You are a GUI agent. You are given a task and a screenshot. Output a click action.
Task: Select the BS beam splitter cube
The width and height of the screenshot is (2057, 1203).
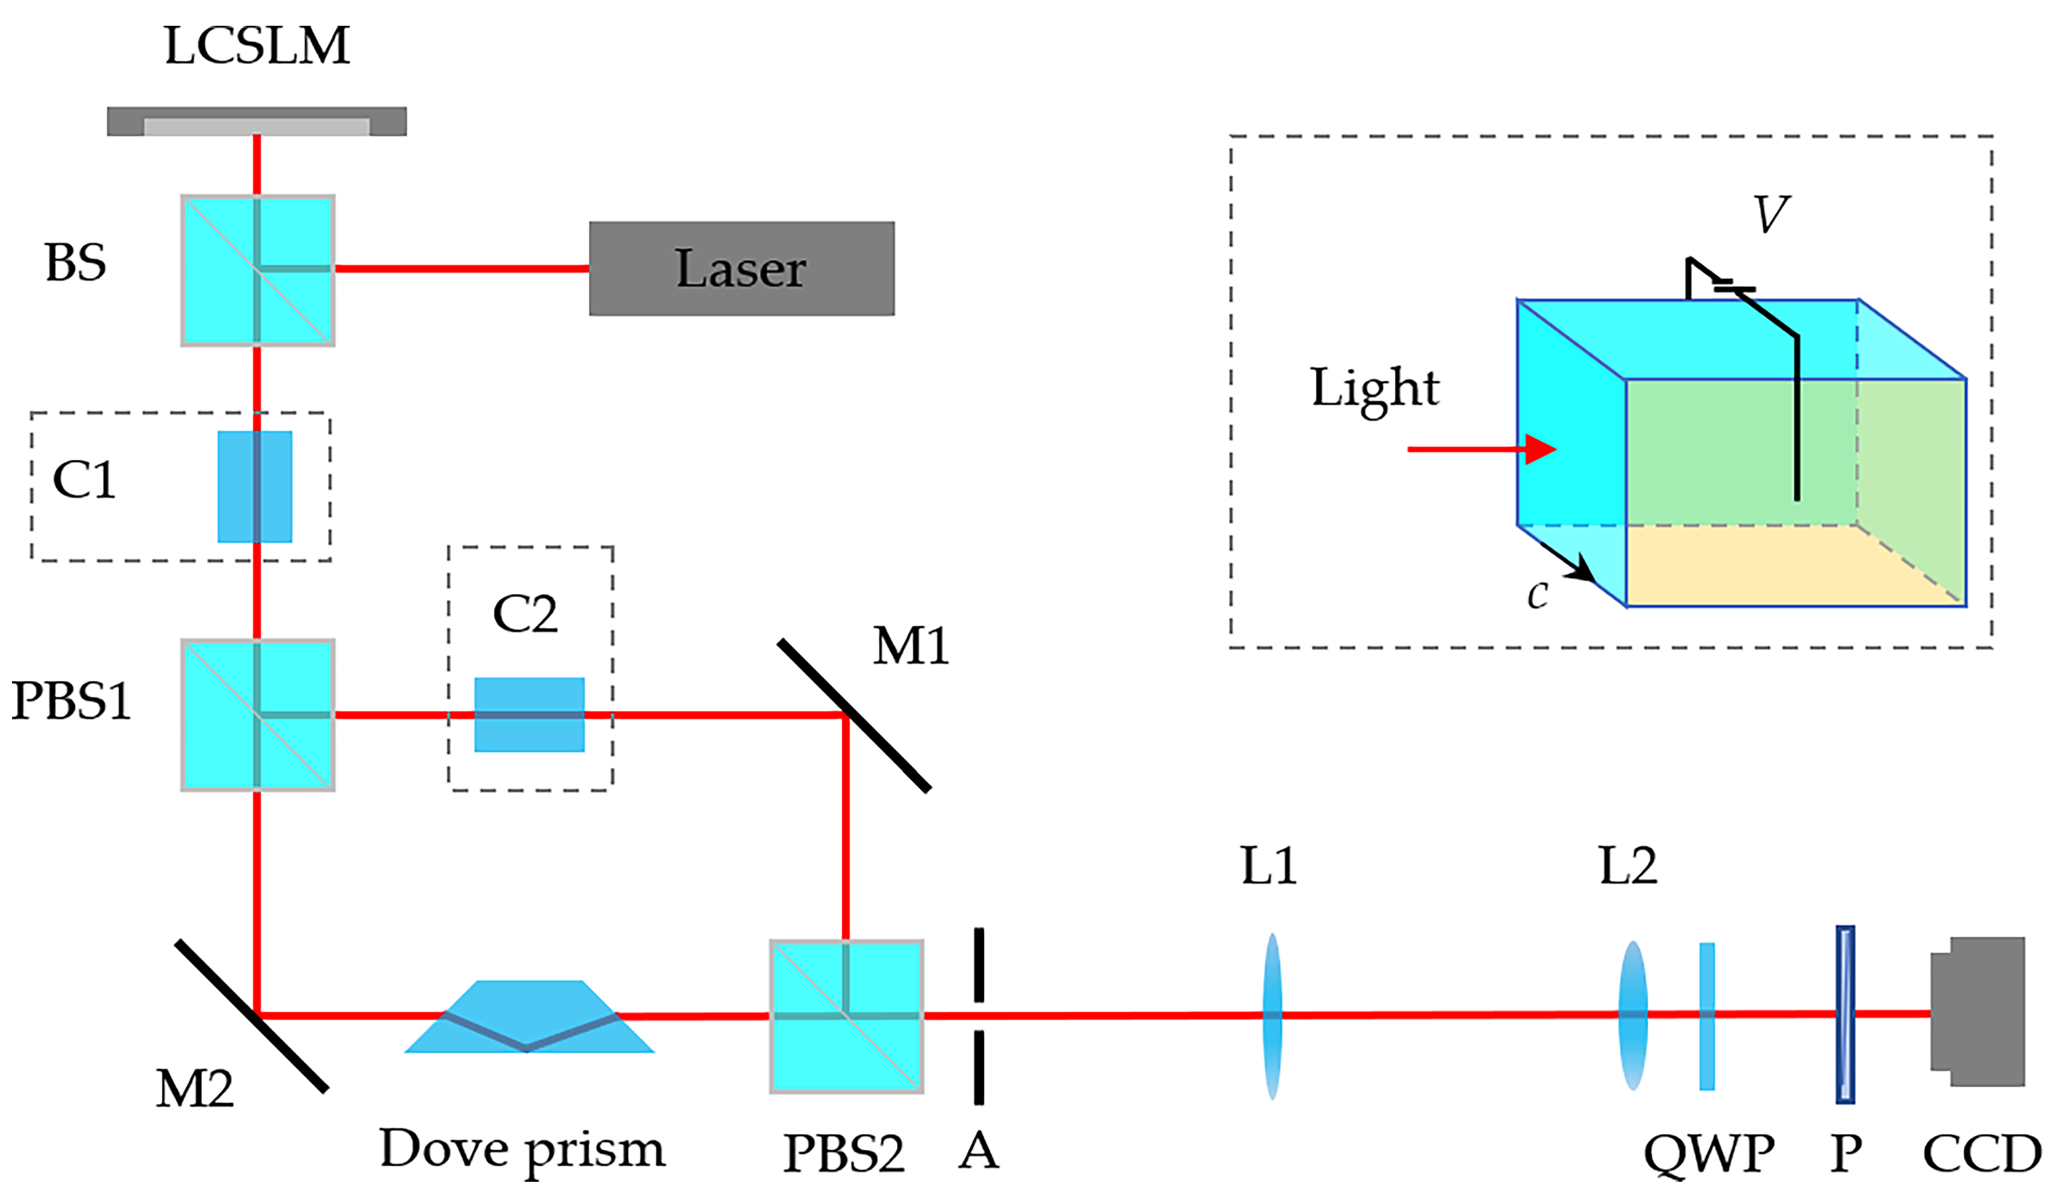(257, 270)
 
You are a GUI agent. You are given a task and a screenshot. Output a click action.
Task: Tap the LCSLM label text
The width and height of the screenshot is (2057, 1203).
(256, 46)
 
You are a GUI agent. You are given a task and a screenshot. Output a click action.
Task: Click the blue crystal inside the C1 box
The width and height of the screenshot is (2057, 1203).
(255, 487)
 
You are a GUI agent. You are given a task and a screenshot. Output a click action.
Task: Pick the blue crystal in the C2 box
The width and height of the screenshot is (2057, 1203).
(529, 714)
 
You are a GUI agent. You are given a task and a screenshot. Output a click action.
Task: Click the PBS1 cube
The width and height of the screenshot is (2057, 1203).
(257, 715)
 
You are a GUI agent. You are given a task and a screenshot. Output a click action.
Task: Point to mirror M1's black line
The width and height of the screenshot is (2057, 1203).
(854, 716)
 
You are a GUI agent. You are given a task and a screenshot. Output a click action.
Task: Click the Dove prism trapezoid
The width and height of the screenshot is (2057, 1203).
(529, 1016)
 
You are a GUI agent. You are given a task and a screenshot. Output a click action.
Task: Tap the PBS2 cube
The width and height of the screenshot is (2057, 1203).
(846, 1016)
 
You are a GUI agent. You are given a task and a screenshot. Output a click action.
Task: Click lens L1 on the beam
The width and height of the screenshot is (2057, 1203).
(1272, 1016)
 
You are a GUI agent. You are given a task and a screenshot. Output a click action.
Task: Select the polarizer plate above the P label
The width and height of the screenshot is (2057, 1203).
(1845, 1014)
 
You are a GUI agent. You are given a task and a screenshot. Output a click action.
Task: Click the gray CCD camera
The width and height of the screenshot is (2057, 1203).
(1978, 1012)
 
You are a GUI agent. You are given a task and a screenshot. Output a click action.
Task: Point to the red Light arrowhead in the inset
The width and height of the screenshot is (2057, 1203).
(1540, 449)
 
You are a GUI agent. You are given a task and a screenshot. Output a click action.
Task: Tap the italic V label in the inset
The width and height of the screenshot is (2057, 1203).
(1770, 215)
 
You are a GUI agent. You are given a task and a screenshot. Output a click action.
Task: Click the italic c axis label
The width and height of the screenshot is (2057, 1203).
(1537, 594)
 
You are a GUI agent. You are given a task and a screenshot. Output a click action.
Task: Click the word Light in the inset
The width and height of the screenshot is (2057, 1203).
(1375, 389)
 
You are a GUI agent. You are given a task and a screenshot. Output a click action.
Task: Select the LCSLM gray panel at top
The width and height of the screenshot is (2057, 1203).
(256, 121)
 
